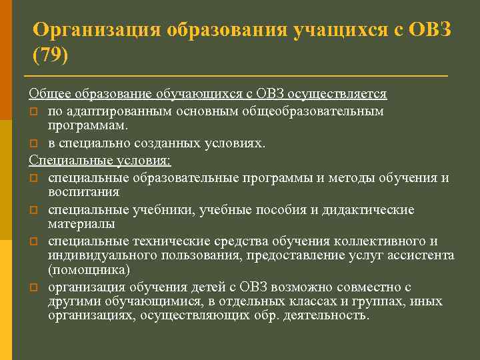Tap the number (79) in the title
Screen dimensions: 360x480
point(50,54)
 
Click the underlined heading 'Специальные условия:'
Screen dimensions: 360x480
point(100,160)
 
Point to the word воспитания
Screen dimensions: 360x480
point(83,192)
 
